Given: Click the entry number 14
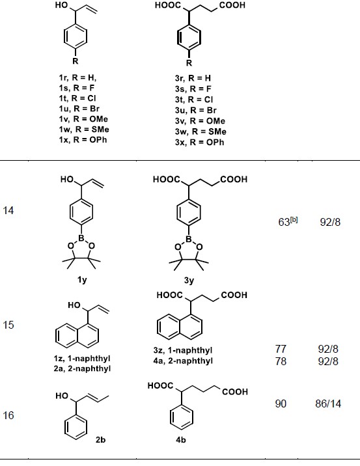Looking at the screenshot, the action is point(8,210).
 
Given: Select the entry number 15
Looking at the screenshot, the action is point(8,325).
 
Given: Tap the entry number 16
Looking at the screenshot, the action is point(8,415).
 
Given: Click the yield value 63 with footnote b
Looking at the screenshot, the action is point(288,221).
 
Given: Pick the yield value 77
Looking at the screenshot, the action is point(281,349).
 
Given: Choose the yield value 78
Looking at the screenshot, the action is point(281,361).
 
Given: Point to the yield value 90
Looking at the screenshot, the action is point(281,404).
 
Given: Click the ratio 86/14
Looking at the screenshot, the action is point(328,404).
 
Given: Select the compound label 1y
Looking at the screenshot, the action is point(82,280).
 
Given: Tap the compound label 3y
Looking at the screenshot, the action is point(189,281).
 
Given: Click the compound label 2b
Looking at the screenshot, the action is point(100,439).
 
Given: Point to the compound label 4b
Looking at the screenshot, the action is point(181,439).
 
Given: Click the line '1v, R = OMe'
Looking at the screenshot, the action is point(83,119).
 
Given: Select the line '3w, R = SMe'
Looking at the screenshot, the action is point(201,131).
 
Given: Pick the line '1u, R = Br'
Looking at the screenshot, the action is point(79,109).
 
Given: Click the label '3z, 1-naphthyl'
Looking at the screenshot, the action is point(183,350).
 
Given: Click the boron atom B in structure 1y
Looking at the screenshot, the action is point(81,238).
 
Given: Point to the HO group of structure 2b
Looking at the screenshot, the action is point(62,396).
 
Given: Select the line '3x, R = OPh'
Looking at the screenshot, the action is point(199,142).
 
